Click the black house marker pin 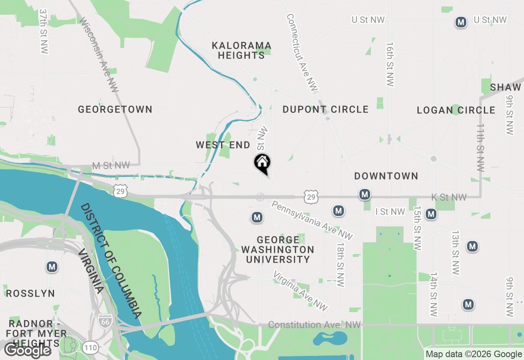262,163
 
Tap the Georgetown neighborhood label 115,110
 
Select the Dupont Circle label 325,110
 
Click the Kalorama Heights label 242,50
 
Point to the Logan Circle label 456,110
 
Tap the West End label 223,145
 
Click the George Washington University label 278,250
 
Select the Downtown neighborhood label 386,176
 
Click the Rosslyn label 30,293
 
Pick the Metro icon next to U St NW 461,22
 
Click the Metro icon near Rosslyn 52,267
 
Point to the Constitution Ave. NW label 314,325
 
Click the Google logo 27,350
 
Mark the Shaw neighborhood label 506,87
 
